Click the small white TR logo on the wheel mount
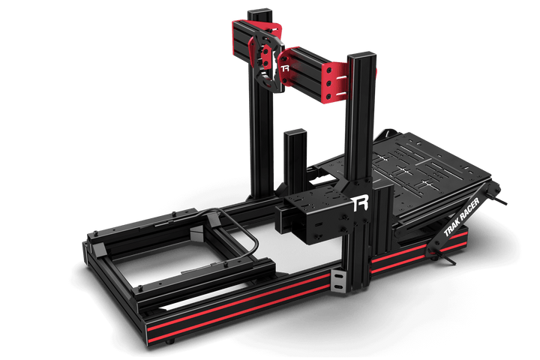click(x=285, y=68)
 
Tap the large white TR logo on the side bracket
click(x=359, y=203)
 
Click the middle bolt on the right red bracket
click(x=329, y=83)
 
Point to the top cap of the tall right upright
click(x=361, y=55)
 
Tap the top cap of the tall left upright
click(x=259, y=12)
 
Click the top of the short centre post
click(x=295, y=132)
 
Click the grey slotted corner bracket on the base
click(x=338, y=280)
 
